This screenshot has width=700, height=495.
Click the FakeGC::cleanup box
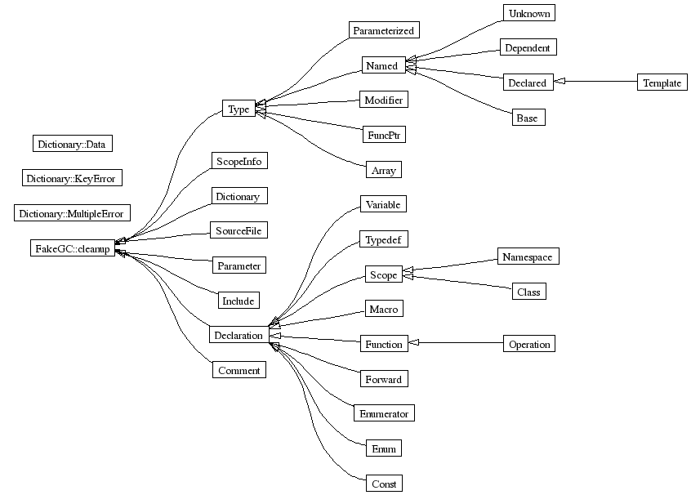(72, 248)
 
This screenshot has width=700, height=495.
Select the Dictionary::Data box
(72, 144)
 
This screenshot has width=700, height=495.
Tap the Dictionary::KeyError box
(72, 178)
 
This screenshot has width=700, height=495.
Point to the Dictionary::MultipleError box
(72, 214)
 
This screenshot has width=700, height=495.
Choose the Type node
(239, 109)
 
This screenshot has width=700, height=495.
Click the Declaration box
(238, 335)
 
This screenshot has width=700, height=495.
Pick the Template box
(662, 82)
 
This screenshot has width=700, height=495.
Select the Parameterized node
(384, 30)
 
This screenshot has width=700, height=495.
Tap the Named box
(381, 65)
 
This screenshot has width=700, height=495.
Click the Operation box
(529, 344)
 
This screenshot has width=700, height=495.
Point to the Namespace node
(528, 256)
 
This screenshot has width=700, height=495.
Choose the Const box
(383, 484)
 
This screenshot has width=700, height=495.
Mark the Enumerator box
(384, 413)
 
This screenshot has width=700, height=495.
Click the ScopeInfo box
(239, 160)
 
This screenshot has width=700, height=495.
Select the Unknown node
(528, 13)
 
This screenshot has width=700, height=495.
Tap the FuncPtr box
(384, 134)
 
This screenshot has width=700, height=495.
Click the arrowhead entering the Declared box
(560, 82)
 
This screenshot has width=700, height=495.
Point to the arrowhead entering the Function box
(413, 344)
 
